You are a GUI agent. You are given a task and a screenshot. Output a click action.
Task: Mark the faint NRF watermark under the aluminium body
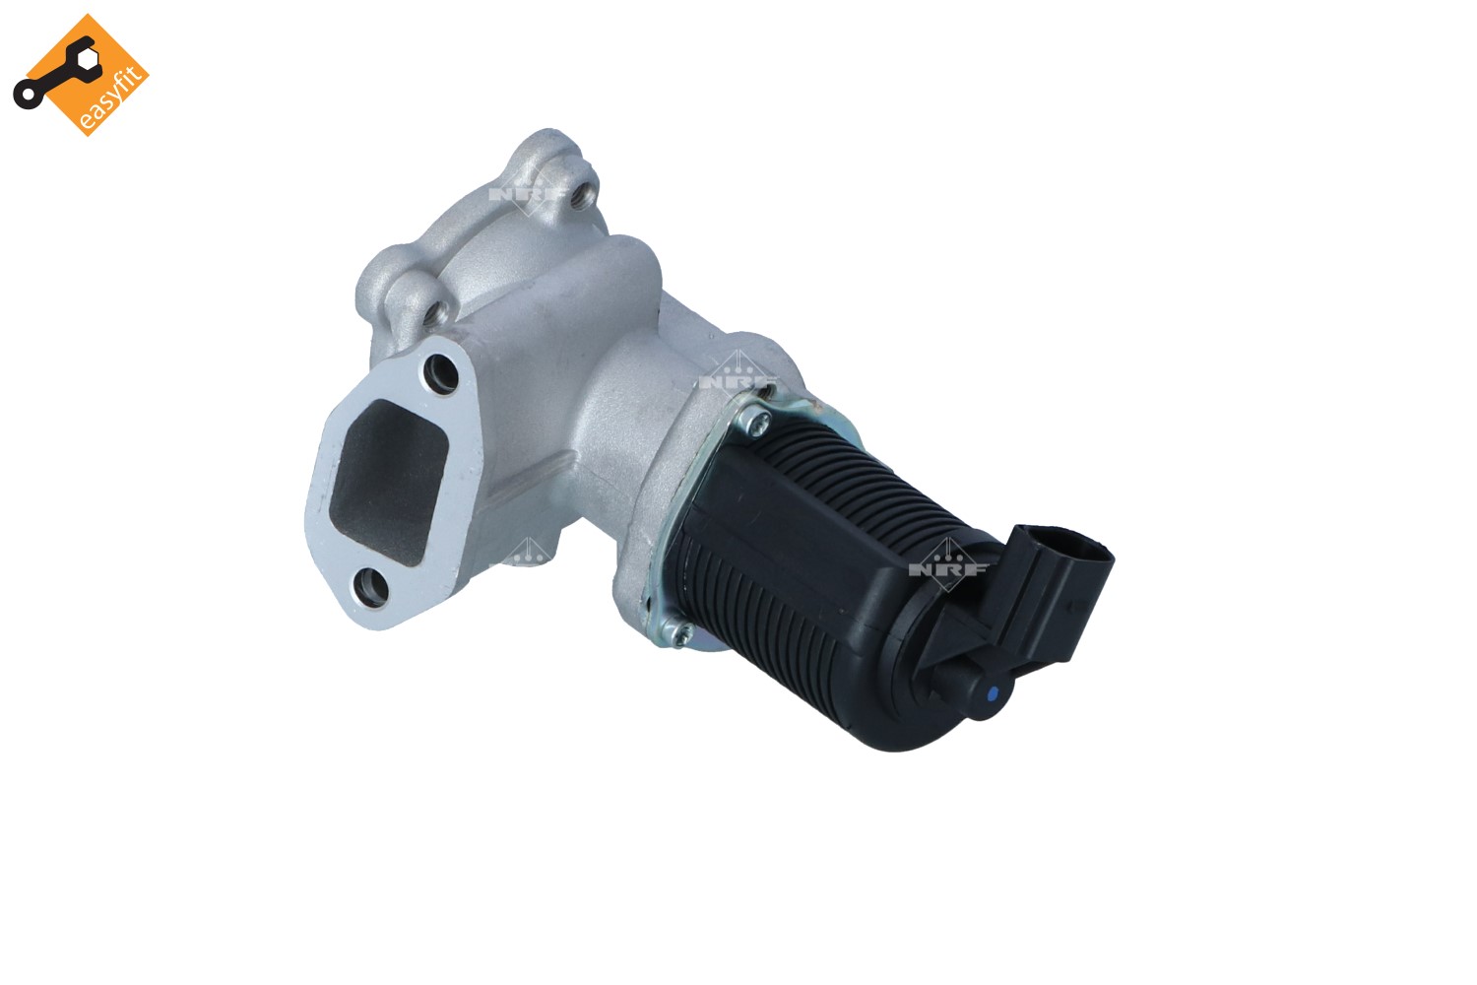(522, 555)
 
